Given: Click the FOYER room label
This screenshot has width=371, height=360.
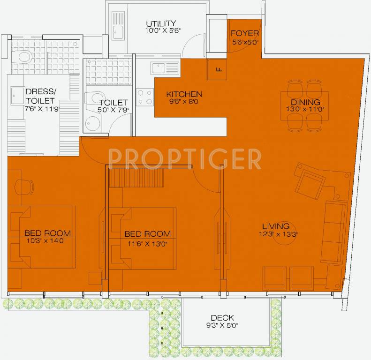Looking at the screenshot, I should (x=242, y=34).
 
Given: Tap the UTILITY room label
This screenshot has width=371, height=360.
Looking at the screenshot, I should (x=160, y=24).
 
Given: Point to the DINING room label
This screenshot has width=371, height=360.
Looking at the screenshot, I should (x=305, y=102).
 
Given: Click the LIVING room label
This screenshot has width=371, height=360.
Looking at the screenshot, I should (x=276, y=226).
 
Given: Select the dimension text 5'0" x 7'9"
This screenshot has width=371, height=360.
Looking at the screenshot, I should (x=114, y=110).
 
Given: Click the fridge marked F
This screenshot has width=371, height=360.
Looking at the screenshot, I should (x=218, y=70).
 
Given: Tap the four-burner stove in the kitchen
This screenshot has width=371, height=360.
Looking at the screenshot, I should (x=145, y=97).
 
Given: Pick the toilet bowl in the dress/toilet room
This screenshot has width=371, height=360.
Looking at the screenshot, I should (x=21, y=58).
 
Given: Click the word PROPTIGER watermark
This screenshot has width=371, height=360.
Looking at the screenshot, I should (x=185, y=159).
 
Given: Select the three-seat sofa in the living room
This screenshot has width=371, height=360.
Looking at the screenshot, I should (x=333, y=233).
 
